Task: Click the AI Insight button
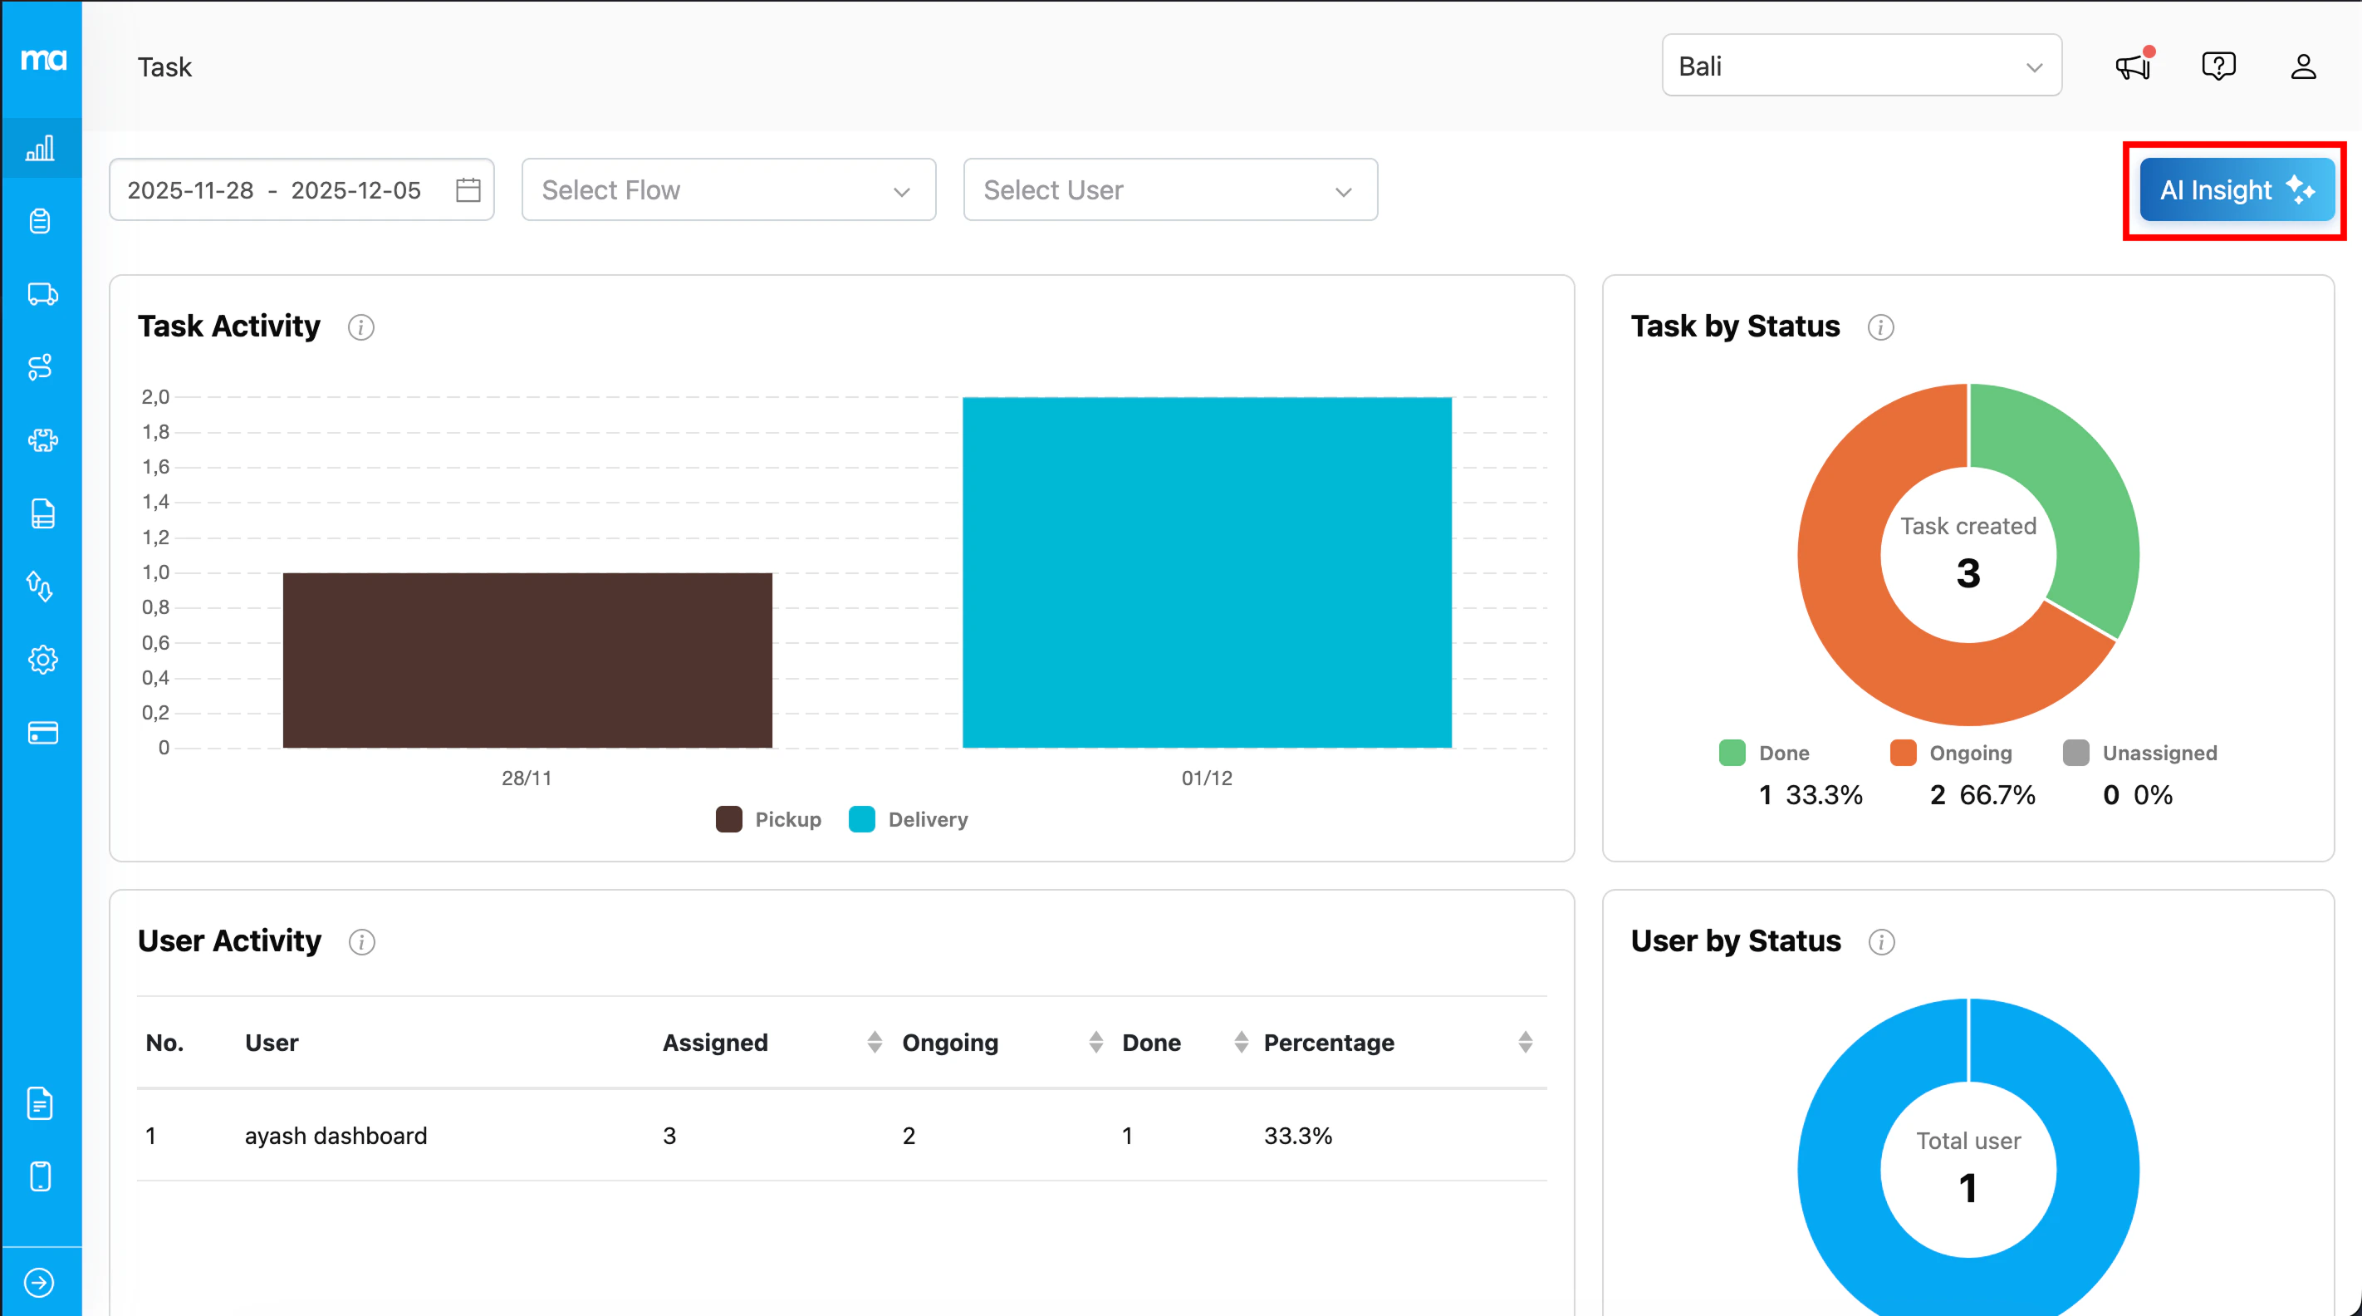coord(2236,189)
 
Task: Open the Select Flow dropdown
coord(728,189)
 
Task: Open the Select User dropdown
coord(1169,189)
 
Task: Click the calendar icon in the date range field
coord(468,189)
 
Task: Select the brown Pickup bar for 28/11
coord(527,660)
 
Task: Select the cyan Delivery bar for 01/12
coord(1207,572)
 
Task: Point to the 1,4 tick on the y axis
coord(156,502)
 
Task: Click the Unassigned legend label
coord(2159,753)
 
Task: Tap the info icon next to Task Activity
coord(361,327)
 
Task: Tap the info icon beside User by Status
coord(1881,942)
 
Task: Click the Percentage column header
coord(1329,1043)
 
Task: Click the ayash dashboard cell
coord(336,1136)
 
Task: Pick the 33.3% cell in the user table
coord(1297,1136)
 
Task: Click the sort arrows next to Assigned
coord(875,1042)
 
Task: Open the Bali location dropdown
coord(1861,66)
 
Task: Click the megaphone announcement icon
coord(2133,66)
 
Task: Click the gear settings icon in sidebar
coord(42,660)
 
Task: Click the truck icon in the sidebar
coord(42,294)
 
